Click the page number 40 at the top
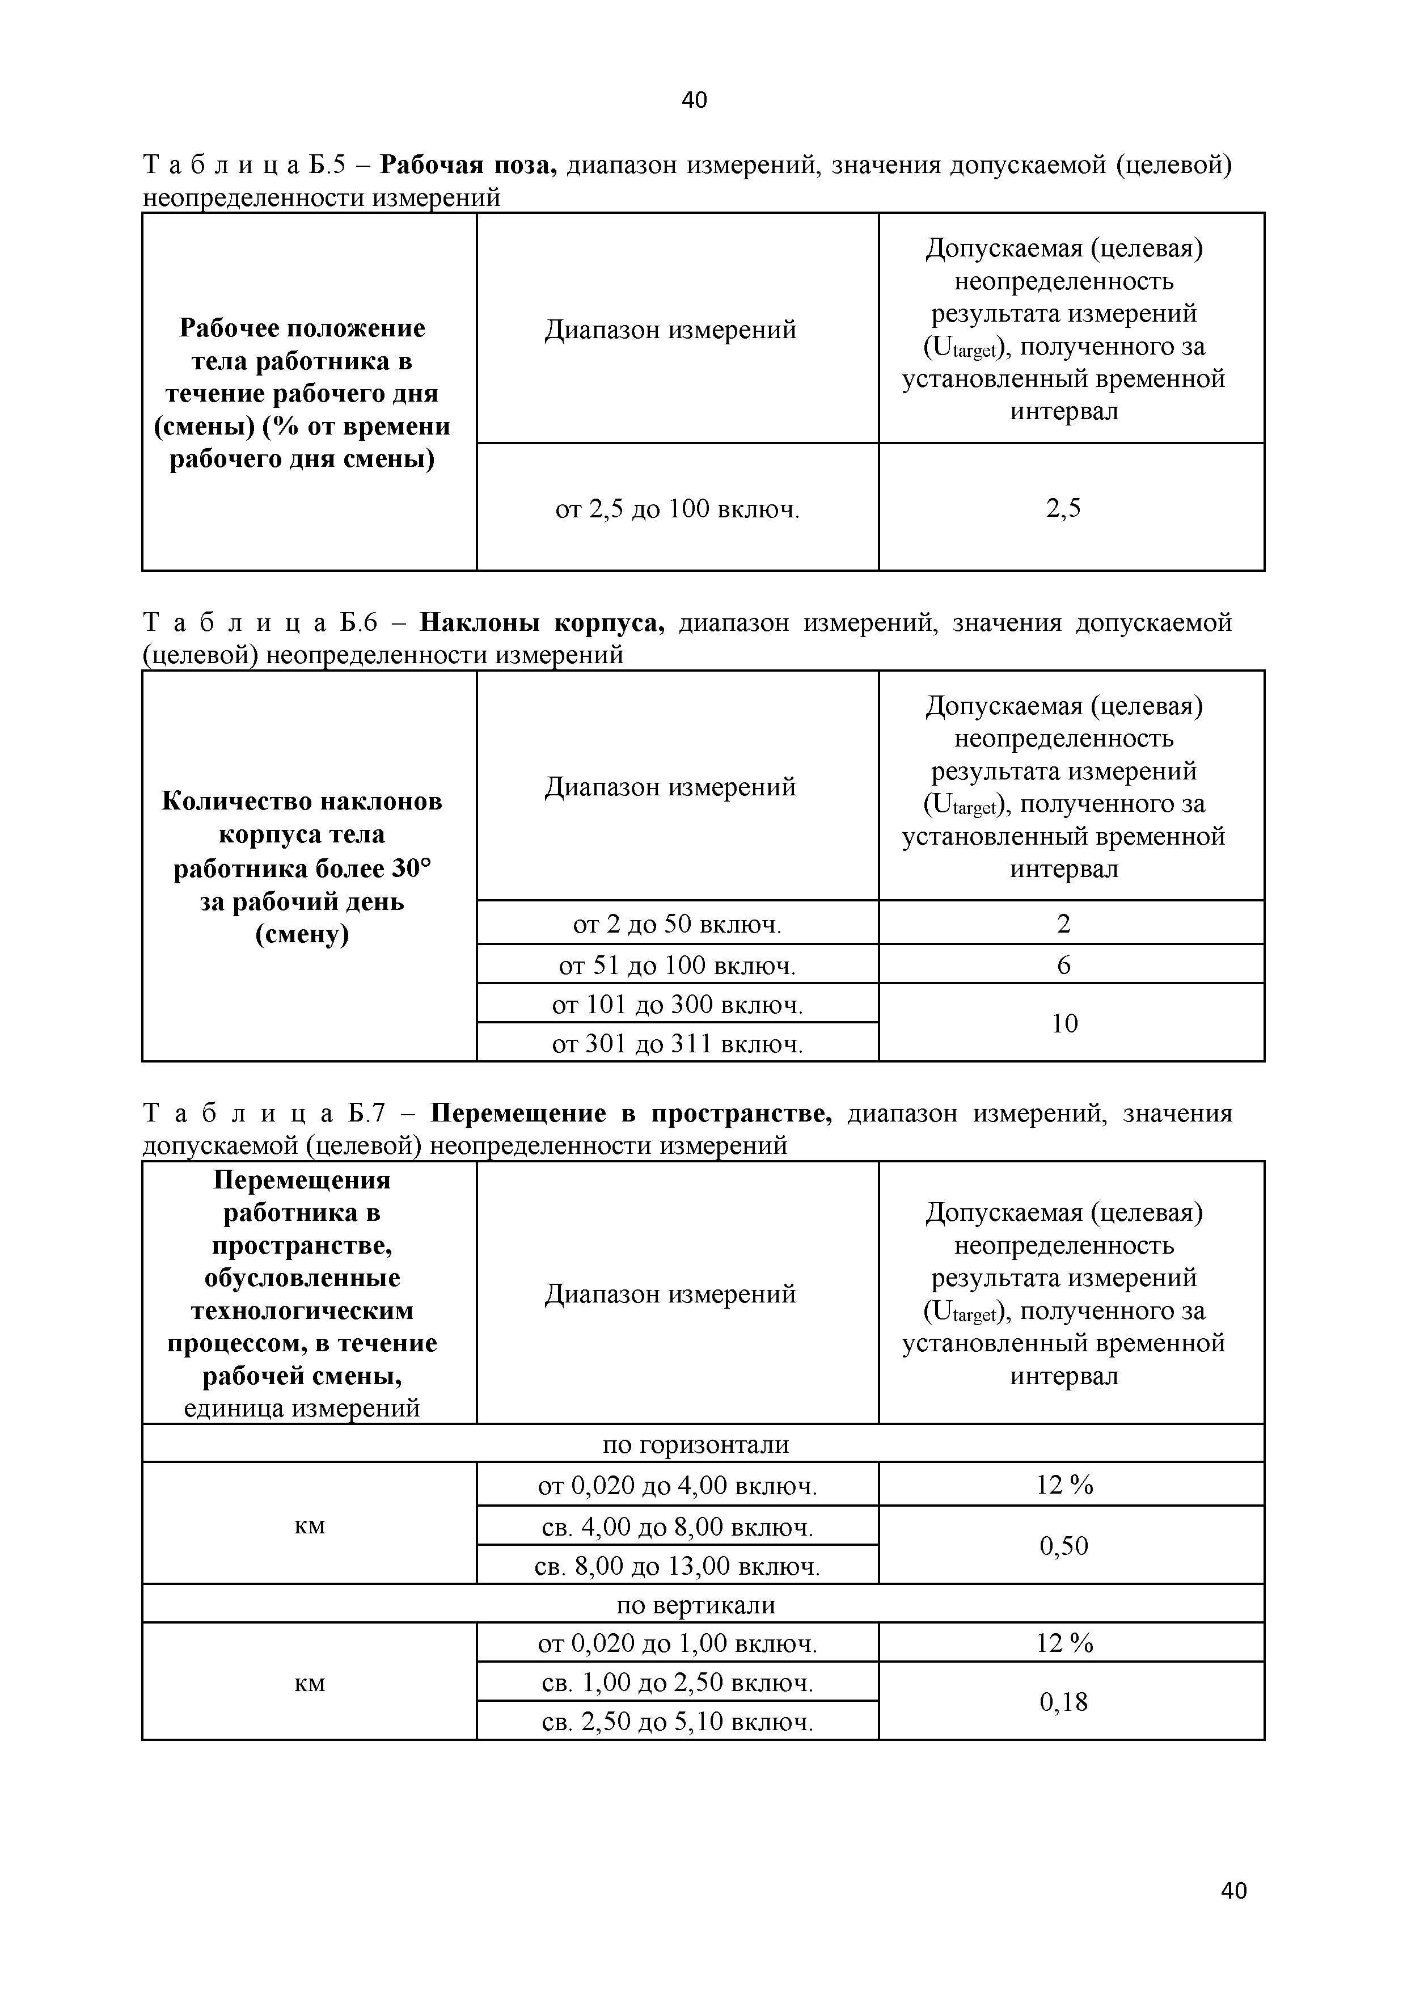coord(694,100)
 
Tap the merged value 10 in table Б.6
coord(1064,1023)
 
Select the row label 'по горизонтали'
coord(696,1445)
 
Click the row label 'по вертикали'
coord(696,1605)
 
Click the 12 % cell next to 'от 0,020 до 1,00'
coord(1064,1643)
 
